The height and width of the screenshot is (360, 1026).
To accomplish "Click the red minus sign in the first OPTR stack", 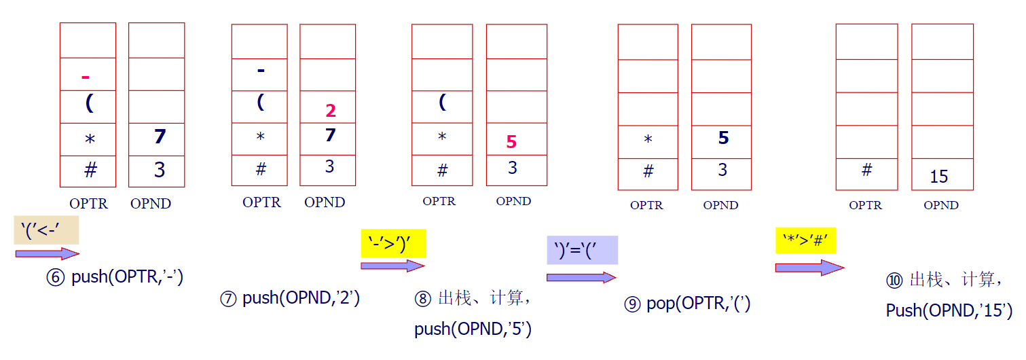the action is pos(86,77).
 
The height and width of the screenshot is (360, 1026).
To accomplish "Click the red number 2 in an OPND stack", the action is pos(331,111).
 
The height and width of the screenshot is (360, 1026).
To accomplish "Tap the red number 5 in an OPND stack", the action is pos(511,142).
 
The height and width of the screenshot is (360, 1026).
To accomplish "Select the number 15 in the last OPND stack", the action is pos(938,177).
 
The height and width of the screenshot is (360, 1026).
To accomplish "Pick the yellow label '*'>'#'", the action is pos(805,240).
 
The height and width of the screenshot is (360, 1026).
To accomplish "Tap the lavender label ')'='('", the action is pos(582,249).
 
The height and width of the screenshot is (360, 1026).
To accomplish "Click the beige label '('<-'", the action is pos(46,230).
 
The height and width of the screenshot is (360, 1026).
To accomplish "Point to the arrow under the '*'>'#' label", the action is pos(809,268).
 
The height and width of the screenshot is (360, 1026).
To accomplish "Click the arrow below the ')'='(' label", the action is pos(581,277).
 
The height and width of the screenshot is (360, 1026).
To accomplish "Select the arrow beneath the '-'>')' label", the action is pos(392,266).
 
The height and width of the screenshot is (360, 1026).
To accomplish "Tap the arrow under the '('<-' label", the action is pos(47,254).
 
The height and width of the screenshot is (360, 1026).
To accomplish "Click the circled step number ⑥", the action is pos(56,277).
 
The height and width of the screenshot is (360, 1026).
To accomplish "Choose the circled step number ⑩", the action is pos(895,281).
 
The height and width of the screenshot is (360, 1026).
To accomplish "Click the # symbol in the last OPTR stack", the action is pos(866,170).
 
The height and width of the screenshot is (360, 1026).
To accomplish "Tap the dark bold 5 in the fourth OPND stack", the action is pos(723,138).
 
